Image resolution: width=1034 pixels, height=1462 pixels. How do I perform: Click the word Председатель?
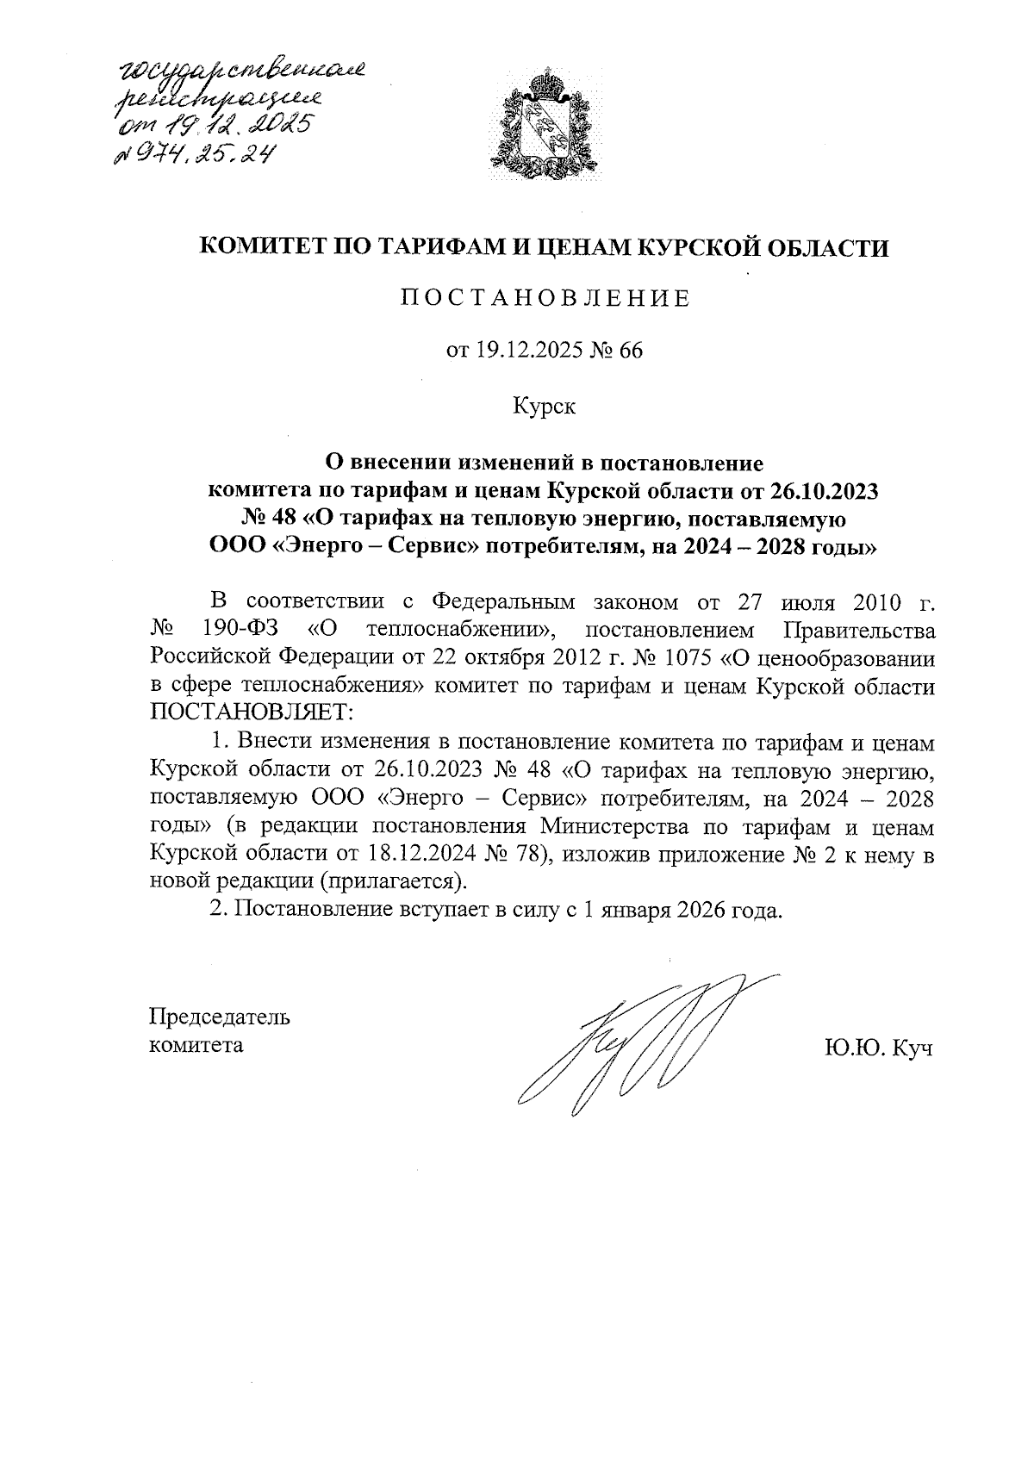pos(220,1017)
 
